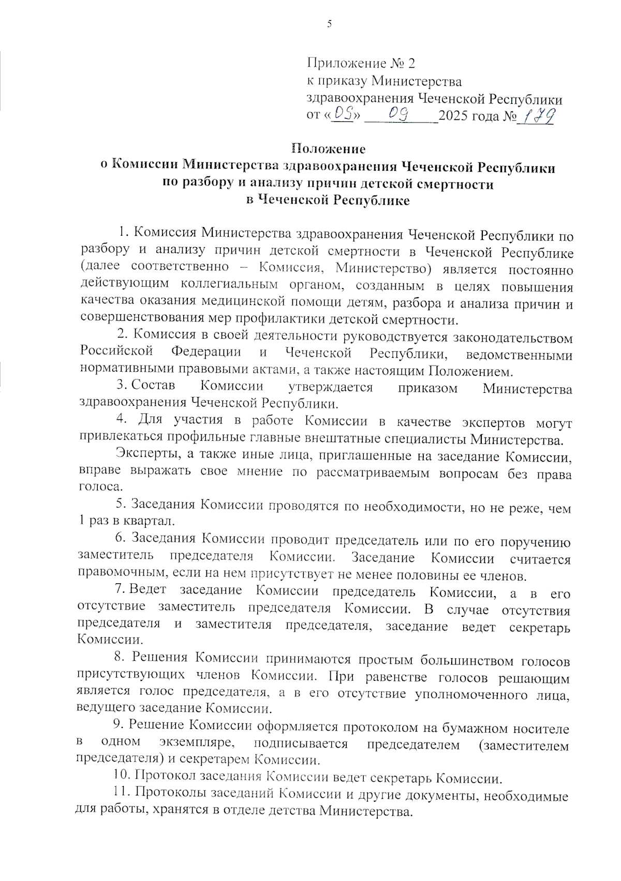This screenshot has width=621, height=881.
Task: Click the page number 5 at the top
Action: point(329,24)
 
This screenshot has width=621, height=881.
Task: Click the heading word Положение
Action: point(328,149)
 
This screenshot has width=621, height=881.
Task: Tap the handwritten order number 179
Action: point(538,116)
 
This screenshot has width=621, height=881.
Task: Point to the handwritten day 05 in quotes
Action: point(343,113)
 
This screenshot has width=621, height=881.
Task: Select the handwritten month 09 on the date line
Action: point(398,113)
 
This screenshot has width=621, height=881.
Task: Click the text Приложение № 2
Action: point(361,63)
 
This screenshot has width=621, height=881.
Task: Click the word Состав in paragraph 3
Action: point(153,385)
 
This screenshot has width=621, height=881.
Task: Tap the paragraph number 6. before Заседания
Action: point(120,538)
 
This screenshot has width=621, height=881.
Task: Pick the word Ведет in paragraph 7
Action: point(147,589)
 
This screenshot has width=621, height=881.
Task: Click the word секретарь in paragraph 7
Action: point(539,628)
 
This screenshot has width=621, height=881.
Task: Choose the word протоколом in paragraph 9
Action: point(381,727)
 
